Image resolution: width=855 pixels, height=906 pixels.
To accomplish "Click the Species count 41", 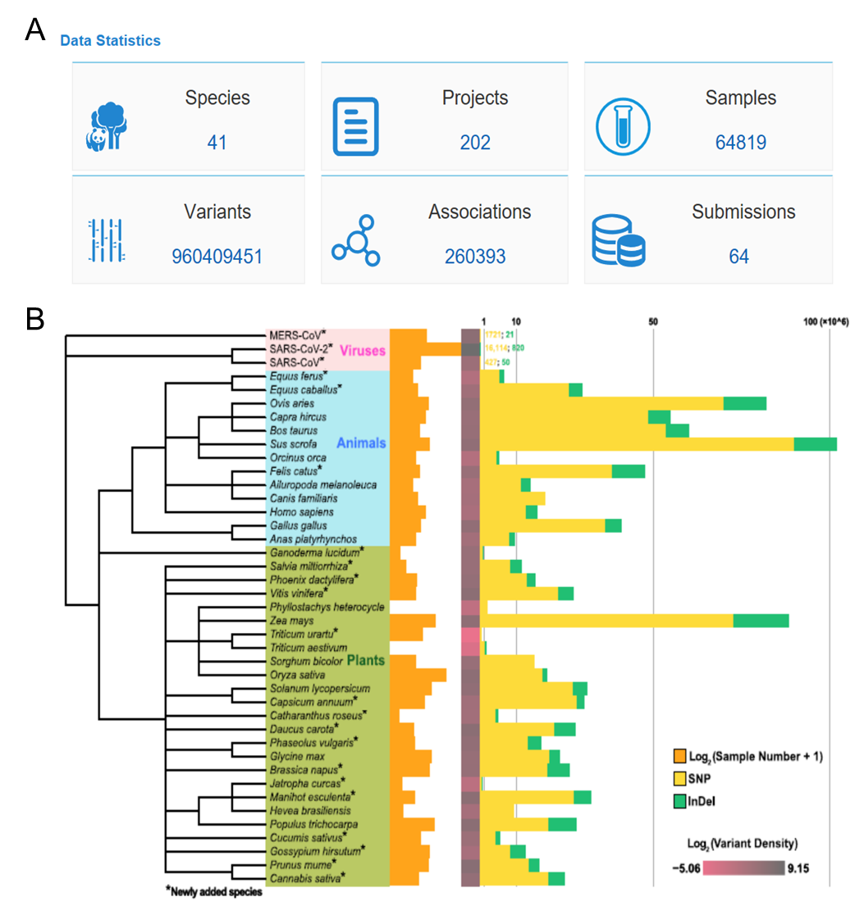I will click(217, 143).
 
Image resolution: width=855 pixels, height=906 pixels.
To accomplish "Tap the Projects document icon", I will click(355, 125).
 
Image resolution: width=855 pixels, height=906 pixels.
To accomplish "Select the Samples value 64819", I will click(740, 143).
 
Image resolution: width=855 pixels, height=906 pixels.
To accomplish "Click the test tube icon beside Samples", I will click(622, 125).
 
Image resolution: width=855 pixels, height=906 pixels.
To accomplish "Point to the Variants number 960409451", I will click(217, 257).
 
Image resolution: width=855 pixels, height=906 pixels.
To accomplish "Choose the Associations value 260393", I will click(475, 257).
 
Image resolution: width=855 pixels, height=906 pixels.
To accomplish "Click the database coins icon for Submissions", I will click(619, 242).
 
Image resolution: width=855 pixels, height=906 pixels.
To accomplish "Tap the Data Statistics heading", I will click(110, 40).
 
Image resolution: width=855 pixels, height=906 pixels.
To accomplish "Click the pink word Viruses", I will click(363, 350).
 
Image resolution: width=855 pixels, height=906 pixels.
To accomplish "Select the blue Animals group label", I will click(364, 443).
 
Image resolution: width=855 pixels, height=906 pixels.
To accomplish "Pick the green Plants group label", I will click(366, 660).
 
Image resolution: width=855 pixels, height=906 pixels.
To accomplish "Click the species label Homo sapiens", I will click(296, 512).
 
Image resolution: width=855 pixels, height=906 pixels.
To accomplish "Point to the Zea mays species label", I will click(288, 621).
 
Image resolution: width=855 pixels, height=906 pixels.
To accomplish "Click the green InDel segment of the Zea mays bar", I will click(761, 621).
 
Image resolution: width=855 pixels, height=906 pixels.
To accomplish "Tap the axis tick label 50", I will click(653, 321).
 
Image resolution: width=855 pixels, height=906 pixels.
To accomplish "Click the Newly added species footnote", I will click(213, 891).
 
